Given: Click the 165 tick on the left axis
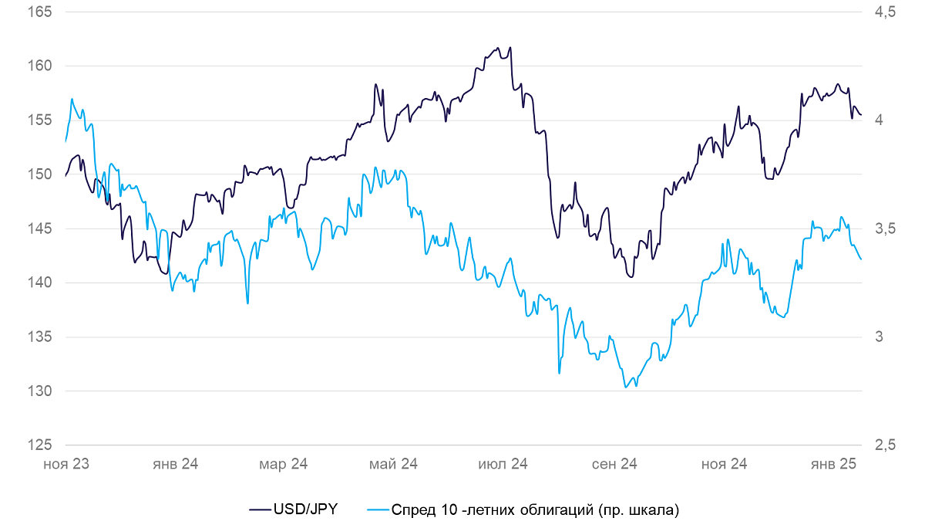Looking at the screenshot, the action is tap(39, 12).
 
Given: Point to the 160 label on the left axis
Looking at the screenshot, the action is tap(39, 66).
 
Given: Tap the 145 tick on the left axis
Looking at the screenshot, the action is tap(39, 228).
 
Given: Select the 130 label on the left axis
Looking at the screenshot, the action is tap(39, 391).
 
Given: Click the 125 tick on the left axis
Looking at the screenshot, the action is tap(39, 445).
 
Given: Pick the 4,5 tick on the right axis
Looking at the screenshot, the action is tap(886, 12).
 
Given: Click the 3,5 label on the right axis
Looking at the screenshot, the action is tap(886, 228).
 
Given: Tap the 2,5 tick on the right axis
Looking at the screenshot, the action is tap(886, 445).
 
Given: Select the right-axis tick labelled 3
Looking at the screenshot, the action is tap(880, 337).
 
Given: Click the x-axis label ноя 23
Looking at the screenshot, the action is tap(66, 465).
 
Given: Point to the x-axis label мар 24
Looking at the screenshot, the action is tap(284, 465).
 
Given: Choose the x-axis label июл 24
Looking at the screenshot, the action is tap(503, 465).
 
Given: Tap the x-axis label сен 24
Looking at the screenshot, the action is tap(614, 465).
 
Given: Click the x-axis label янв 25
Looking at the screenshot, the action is tap(833, 465).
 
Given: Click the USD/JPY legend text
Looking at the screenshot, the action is tap(305, 509).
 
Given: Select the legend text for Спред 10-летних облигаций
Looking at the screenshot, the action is tap(535, 510).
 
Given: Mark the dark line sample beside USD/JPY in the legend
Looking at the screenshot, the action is tap(261, 510).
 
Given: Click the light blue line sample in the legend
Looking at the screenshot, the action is tap(378, 510).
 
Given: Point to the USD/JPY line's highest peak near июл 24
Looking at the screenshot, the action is tap(510, 47).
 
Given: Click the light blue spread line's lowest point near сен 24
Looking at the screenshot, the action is tap(626, 388).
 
